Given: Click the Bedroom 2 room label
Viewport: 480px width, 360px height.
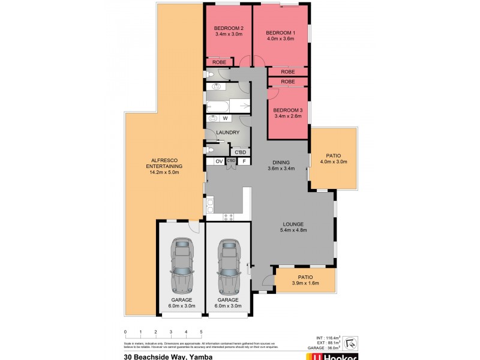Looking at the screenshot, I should tap(229, 29).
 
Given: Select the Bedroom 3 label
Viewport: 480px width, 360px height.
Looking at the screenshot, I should tap(288, 111).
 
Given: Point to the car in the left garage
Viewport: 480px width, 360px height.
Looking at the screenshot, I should tap(181, 264).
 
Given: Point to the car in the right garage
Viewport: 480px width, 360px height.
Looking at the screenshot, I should tap(229, 264).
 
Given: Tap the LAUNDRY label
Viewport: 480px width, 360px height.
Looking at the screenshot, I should tap(229, 133).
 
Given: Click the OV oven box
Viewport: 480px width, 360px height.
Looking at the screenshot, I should tap(218, 161).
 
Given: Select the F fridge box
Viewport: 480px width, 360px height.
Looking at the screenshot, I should tap(244, 161).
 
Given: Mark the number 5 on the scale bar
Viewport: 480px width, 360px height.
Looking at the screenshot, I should tap(201, 331).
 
